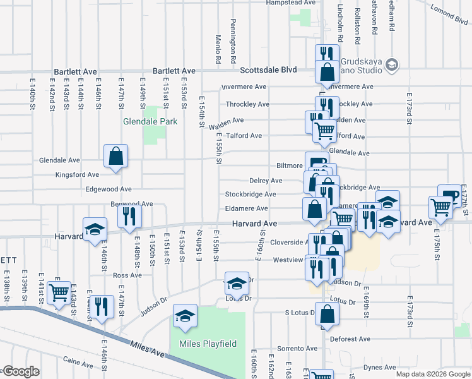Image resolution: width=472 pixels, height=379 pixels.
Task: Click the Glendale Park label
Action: pyautogui.click(x=150, y=121)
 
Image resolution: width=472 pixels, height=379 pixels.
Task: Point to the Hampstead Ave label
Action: pyautogui.click(x=290, y=3)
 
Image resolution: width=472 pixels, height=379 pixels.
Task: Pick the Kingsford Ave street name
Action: pyautogui.click(x=78, y=174)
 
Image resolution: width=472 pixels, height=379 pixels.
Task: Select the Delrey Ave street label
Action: pyautogui.click(x=266, y=181)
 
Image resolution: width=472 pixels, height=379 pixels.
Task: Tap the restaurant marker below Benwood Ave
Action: pyautogui.click(x=129, y=217)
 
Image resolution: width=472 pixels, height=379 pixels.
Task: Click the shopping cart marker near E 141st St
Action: pyautogui.click(x=59, y=292)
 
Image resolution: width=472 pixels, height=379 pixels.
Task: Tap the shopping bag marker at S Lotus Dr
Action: pyautogui.click(x=327, y=314)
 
